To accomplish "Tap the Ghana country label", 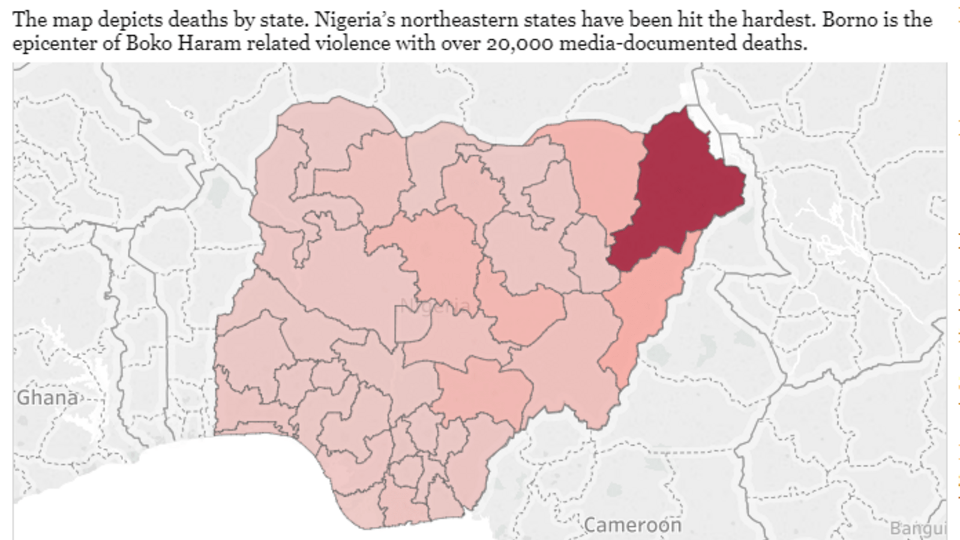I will point(47,397).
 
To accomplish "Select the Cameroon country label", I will point(632,525).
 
